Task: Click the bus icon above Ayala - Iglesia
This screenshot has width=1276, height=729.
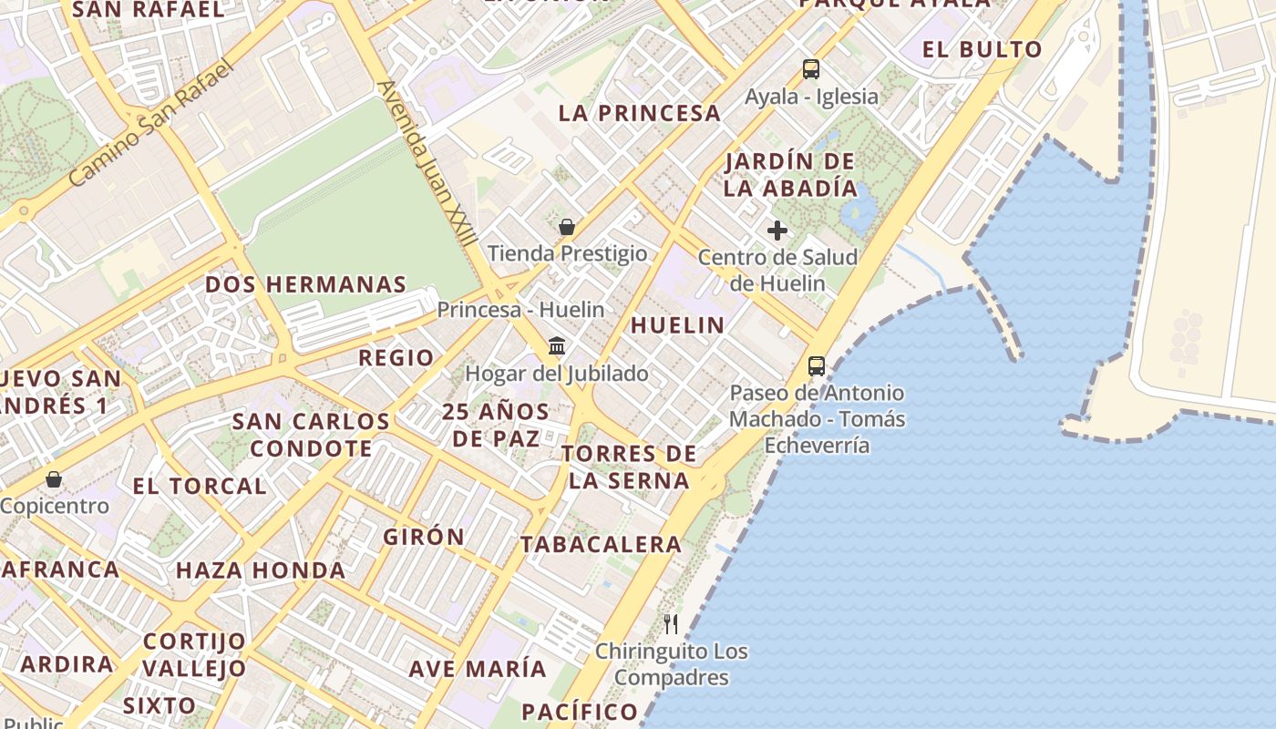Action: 810,69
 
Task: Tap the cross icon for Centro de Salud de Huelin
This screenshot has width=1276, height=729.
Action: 777,231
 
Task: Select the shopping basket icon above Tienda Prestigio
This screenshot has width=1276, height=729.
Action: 567,227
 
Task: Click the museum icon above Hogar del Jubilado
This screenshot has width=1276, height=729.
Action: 557,346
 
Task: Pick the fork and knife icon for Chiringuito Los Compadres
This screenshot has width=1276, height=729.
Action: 671,624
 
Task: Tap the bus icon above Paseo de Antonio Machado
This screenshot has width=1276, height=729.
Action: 817,366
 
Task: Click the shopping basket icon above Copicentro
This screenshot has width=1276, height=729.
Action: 54,479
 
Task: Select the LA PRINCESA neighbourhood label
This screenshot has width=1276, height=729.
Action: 639,114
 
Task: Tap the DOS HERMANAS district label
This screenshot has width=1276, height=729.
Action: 305,284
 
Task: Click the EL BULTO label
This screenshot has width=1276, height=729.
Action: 982,49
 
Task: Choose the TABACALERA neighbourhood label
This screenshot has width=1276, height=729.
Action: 601,545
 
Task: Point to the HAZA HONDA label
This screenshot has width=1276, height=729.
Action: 261,571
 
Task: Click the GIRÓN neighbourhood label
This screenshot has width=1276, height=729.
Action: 424,537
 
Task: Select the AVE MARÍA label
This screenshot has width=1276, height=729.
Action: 478,669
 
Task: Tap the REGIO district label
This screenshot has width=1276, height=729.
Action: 396,358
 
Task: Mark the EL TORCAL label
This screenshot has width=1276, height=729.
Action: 200,487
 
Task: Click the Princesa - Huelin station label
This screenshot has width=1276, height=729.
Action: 520,310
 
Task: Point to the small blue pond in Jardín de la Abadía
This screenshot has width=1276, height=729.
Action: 857,211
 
